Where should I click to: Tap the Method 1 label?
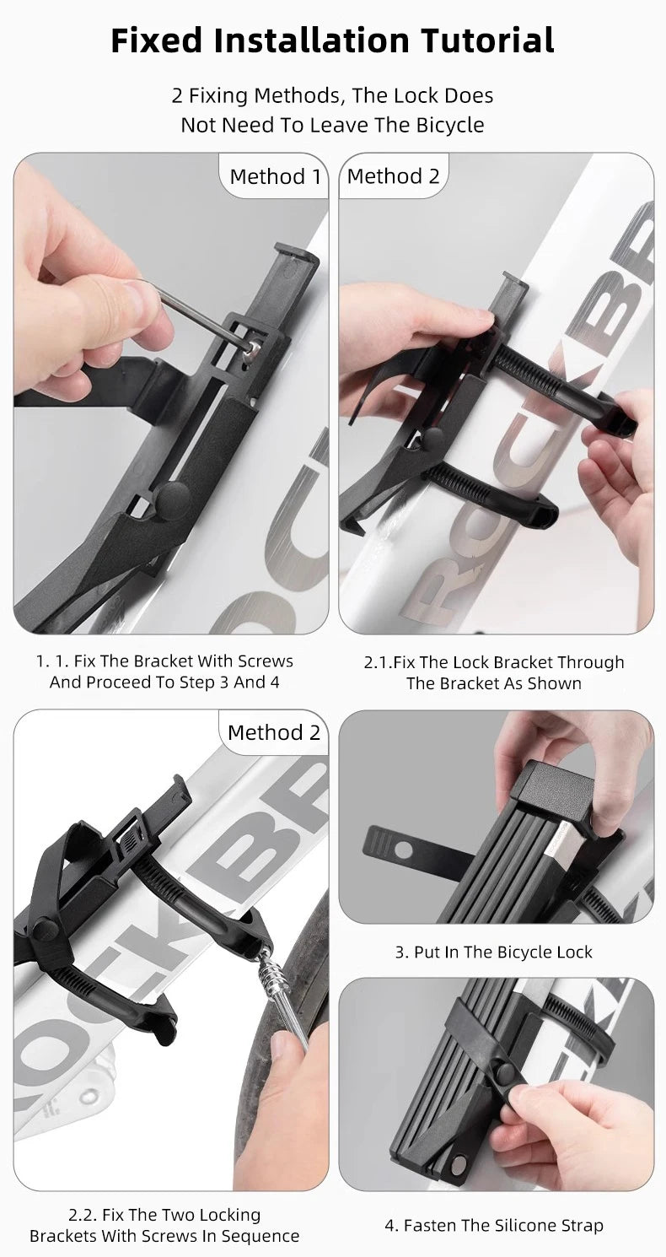click(x=275, y=176)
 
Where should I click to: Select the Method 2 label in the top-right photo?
click(x=393, y=176)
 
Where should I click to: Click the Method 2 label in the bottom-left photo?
click(x=274, y=732)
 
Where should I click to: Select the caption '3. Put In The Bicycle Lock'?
click(x=494, y=952)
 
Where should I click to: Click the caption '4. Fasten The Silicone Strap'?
click(x=494, y=1225)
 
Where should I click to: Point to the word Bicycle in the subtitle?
click(x=450, y=125)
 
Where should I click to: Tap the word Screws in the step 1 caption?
click(x=265, y=661)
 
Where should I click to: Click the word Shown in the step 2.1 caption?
click(x=555, y=683)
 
